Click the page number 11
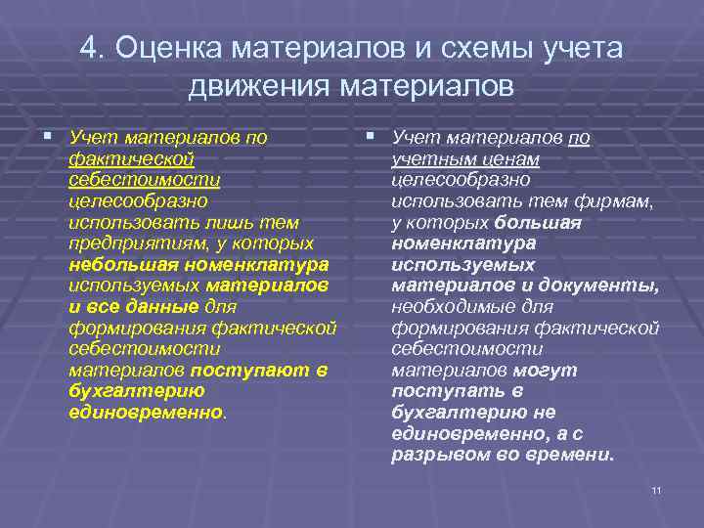pyautogui.click(x=656, y=489)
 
